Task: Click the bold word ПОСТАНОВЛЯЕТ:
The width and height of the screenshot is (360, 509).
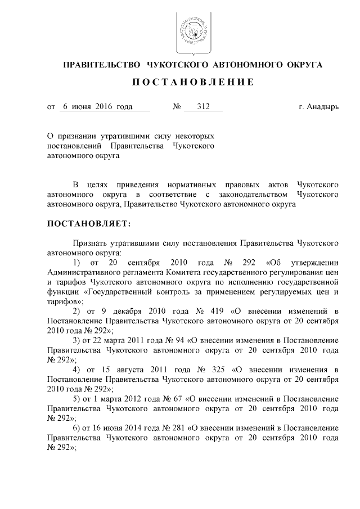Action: (88, 224)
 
